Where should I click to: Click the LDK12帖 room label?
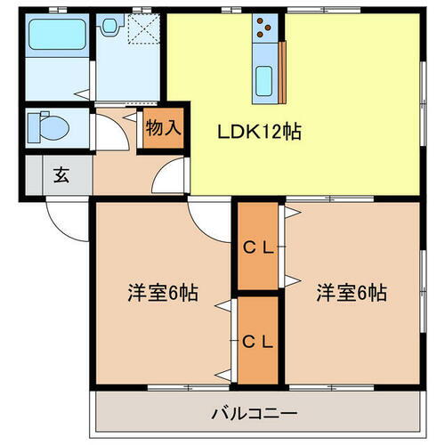click(x=259, y=132)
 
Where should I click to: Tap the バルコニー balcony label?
click(x=253, y=414)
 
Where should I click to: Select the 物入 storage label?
click(x=163, y=127)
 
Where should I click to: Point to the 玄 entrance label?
click(x=61, y=174)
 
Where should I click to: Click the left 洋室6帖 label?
click(x=162, y=292)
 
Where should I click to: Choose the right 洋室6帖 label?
click(x=351, y=292)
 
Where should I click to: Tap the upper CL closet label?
click(x=258, y=248)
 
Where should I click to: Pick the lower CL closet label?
click(x=258, y=339)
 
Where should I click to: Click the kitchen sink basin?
click(x=266, y=82)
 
